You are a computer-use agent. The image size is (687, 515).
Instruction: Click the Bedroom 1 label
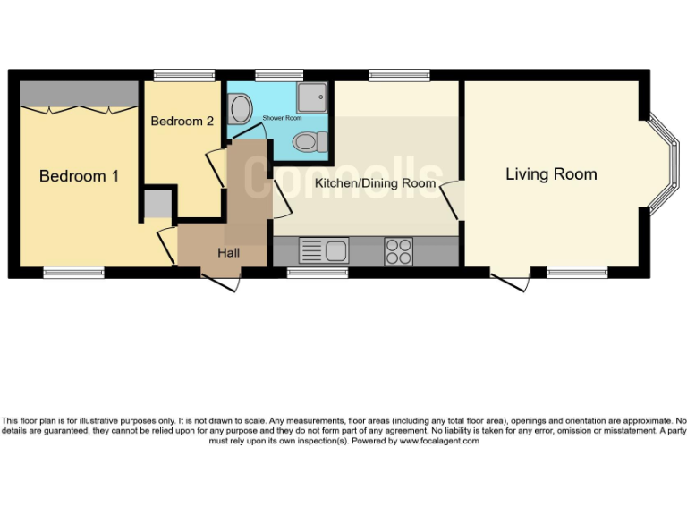tap(79, 176)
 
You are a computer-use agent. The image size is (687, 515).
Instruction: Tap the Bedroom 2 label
tap(182, 121)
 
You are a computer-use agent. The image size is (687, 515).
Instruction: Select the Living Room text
tap(551, 173)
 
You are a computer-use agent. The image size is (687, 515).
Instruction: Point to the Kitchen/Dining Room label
tap(376, 183)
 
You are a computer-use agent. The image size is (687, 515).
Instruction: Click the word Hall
tap(228, 253)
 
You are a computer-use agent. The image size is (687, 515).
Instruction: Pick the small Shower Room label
tap(282, 118)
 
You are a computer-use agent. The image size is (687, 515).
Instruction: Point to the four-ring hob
tap(398, 250)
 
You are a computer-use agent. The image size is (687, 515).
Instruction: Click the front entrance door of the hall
tap(222, 281)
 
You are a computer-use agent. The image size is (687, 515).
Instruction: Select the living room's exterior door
tap(511, 281)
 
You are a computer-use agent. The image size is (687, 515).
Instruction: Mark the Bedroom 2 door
tap(216, 168)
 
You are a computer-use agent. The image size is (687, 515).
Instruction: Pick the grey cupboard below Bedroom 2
tap(157, 203)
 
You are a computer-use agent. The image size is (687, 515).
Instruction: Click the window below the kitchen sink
tap(317, 272)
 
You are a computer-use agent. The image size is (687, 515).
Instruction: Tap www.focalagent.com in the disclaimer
tap(439, 441)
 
